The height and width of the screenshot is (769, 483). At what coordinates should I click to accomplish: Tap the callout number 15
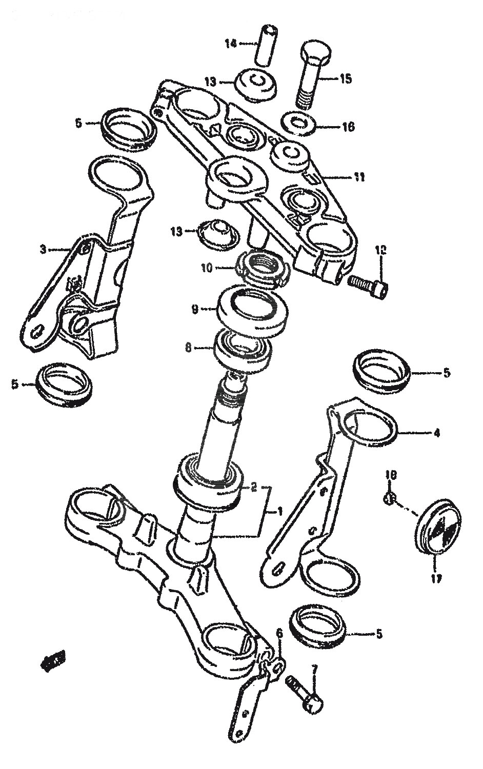345,79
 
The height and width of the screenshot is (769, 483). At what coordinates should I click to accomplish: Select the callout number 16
348,127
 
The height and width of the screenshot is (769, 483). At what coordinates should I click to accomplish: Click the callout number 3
44,250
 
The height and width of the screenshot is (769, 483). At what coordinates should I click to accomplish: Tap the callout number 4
436,433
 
